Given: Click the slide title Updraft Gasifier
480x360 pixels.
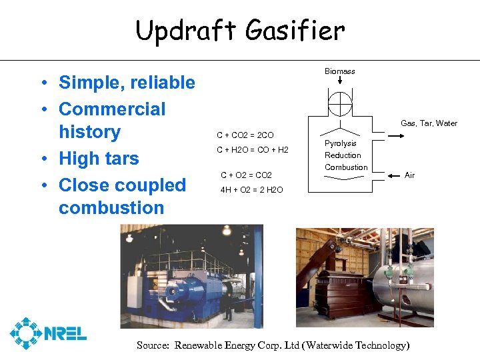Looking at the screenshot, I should click(x=240, y=30).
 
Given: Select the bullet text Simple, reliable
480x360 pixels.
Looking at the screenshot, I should click(x=127, y=83).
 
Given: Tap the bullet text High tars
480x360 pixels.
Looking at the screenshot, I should click(x=99, y=159).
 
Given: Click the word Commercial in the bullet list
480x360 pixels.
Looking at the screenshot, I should click(x=112, y=109).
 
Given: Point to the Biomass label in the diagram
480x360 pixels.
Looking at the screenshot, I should click(x=340, y=71).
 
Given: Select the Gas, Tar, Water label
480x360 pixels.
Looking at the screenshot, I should click(x=429, y=123).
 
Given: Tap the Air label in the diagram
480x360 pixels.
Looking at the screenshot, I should click(x=409, y=175).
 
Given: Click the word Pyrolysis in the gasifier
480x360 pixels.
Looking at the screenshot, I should click(x=340, y=143).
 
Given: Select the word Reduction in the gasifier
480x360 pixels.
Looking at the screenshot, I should click(x=343, y=155).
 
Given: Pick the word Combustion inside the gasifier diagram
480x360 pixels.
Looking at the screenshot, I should click(x=346, y=167).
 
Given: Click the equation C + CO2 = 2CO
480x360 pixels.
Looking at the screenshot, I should click(x=245, y=135).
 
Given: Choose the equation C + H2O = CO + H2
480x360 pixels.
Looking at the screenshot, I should click(x=253, y=150).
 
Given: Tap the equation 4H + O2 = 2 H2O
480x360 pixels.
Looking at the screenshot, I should click(x=251, y=190).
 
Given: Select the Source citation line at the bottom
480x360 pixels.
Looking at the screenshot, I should click(x=273, y=345).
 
